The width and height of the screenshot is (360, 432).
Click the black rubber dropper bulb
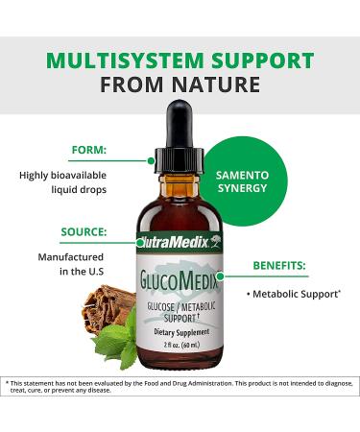(180, 119)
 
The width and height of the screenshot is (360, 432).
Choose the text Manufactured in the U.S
(71, 266)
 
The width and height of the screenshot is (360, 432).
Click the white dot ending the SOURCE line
(141, 243)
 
